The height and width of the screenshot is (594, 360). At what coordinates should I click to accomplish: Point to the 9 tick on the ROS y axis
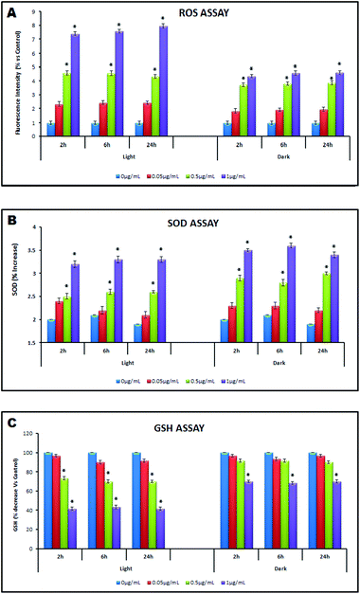pyautogui.click(x=38, y=12)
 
